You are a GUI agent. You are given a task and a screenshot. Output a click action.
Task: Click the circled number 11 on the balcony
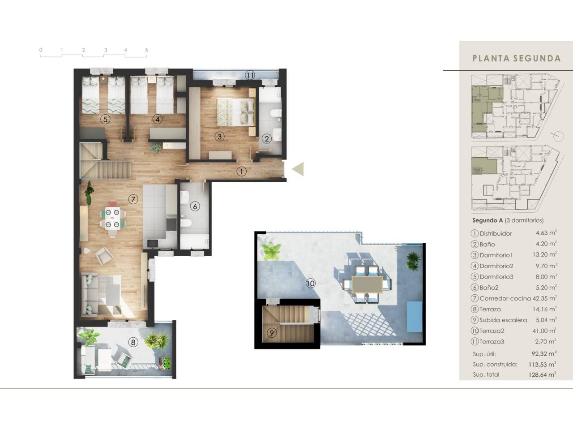pos(249,75)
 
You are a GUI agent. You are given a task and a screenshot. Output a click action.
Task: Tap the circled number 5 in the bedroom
pos(105,119)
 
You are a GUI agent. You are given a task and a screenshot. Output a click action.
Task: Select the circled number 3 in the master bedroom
pos(219,136)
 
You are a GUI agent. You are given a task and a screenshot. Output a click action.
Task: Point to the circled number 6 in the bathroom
pos(195,206)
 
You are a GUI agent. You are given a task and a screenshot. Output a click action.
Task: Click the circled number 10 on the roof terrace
pos(310,283)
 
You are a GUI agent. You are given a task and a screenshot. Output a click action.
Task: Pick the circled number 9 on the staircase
pos(272,333)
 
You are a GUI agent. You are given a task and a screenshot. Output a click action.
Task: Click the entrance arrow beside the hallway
pos(298,169)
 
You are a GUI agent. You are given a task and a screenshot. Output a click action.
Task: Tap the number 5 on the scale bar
pos(146,50)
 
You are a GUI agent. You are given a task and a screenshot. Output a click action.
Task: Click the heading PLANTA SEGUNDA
pos(517,58)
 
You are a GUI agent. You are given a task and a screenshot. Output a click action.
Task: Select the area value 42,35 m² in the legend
pos(544,298)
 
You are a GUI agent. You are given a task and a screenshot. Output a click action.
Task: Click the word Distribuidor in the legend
pos(496,233)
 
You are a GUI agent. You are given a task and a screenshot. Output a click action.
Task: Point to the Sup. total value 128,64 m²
pos(542,374)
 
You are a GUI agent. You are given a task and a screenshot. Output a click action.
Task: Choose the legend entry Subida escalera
pos(503,320)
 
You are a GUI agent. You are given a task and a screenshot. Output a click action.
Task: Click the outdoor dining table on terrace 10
pos(367,284)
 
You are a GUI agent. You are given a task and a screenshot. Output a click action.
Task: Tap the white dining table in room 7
pos(113,218)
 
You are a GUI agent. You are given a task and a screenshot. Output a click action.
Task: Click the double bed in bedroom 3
pos(235,112)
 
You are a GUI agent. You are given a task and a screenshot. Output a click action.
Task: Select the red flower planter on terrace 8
pos(165,363)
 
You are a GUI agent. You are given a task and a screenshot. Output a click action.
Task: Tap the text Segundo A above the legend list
pos(487,220)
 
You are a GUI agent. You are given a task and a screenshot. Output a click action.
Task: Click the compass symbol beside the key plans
pos(558,136)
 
